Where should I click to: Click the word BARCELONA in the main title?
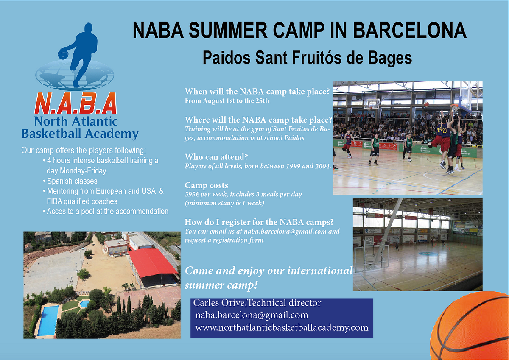pyautogui.click(x=410, y=31)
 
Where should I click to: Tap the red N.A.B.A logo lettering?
pyautogui.click(x=76, y=103)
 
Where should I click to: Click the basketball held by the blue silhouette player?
pyautogui.click(x=63, y=53)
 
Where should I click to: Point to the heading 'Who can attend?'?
pyautogui.click(x=216, y=157)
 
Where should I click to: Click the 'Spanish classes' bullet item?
pyautogui.click(x=72, y=181)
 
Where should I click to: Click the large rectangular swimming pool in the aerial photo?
pyautogui.click(x=48, y=321)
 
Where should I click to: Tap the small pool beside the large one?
pyautogui.click(x=85, y=304)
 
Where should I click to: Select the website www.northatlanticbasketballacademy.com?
pyautogui.click(x=282, y=327)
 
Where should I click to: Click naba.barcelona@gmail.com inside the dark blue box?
pyautogui.click(x=252, y=315)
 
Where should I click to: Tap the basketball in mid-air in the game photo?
pyautogui.click(x=426, y=104)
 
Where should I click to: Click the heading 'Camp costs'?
pyautogui.click(x=206, y=185)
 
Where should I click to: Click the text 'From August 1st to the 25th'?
pyautogui.click(x=227, y=100)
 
